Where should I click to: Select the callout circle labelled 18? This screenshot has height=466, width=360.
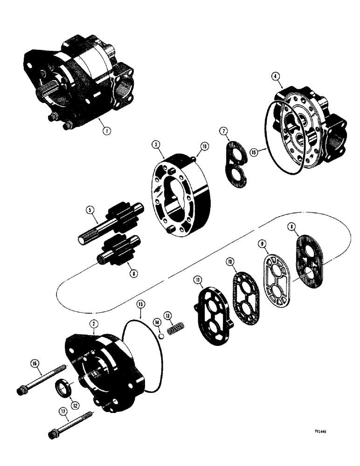coord(203,146)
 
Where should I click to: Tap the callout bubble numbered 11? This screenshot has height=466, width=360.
coord(198,280)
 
